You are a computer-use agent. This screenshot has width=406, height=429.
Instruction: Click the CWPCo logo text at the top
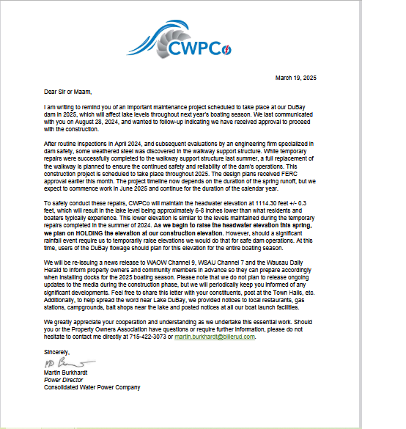[x=198, y=49]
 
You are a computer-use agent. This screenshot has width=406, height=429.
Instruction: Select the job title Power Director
[x=63, y=381]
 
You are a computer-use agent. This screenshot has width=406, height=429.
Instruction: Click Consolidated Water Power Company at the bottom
[x=92, y=387]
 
